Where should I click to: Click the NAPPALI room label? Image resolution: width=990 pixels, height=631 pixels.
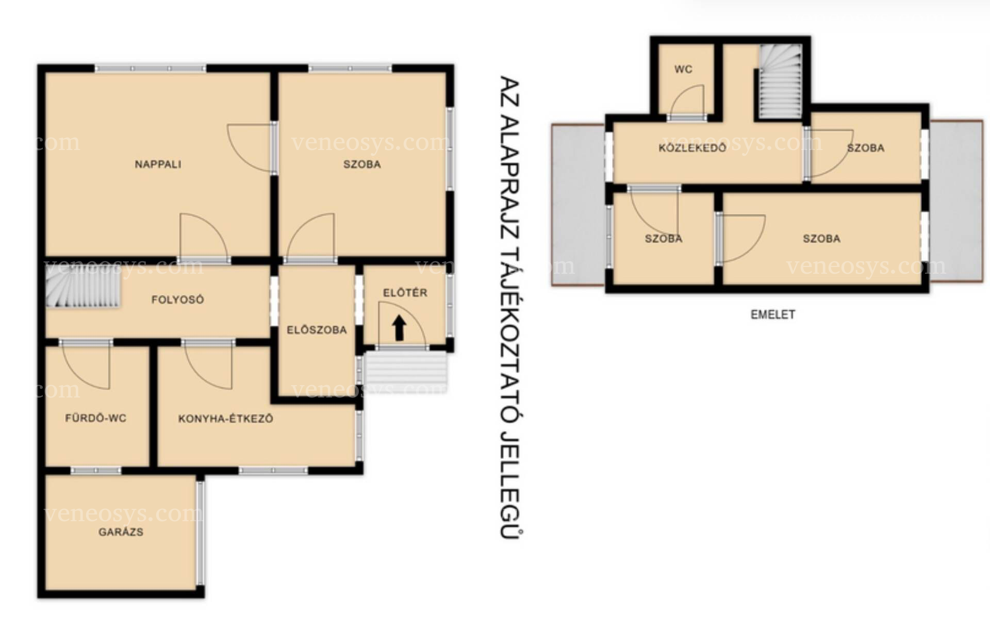[158, 164]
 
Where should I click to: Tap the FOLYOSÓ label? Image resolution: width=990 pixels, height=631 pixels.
[177, 300]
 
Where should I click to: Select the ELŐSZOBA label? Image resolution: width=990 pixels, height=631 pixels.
[317, 330]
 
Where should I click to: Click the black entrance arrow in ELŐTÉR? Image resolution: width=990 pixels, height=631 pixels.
[399, 328]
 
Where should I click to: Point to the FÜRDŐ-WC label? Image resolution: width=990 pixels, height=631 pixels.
[95, 418]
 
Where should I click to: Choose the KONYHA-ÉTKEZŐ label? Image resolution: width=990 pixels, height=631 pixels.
[225, 419]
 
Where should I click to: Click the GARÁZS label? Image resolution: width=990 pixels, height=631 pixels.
[121, 532]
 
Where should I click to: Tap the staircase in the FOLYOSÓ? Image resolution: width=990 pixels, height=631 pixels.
[82, 287]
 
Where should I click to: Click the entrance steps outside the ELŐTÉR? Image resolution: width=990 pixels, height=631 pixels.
[405, 371]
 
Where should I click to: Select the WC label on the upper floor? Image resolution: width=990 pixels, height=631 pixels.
[683, 69]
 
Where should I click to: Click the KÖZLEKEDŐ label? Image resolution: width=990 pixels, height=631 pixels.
[692, 148]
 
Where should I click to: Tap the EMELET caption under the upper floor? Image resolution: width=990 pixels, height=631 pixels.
[772, 314]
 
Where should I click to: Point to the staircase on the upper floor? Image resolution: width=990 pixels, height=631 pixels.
[779, 81]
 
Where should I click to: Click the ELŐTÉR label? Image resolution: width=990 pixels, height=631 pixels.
[405, 293]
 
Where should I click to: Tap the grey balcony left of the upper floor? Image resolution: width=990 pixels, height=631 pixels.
[579, 205]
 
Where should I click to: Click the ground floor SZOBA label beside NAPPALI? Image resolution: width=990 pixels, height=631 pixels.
[362, 164]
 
